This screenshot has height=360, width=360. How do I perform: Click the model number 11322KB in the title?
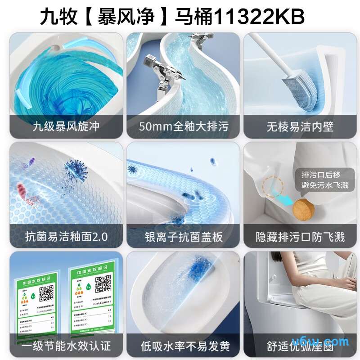click(259, 17)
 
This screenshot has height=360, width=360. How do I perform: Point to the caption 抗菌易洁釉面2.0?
click(66, 237)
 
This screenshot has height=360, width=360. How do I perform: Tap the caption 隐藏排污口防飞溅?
click(300, 237)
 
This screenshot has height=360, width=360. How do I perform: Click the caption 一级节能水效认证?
click(66, 346)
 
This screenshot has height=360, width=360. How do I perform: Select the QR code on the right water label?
click(103, 284)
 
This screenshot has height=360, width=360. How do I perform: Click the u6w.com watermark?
click(327, 341)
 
